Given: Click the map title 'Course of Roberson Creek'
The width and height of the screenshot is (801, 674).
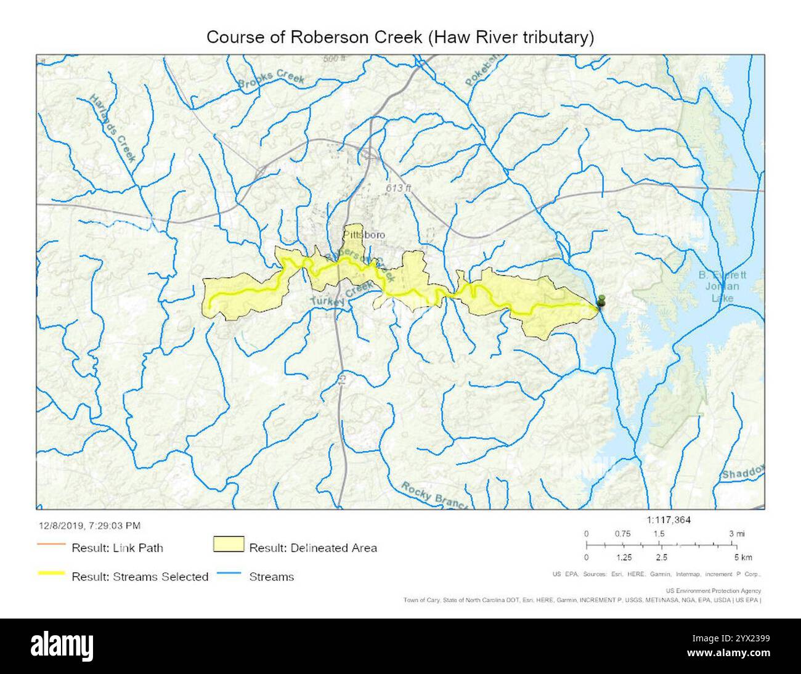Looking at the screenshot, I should (400, 37).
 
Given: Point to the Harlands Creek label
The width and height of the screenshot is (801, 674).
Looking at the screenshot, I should (113, 128).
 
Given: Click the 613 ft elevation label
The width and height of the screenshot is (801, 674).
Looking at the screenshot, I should (398, 188).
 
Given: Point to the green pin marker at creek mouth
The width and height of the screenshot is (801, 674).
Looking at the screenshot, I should (601, 302).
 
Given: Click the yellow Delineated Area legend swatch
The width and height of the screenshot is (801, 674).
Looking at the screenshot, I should (228, 545).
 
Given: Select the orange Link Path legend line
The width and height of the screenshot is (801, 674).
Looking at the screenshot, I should (51, 545).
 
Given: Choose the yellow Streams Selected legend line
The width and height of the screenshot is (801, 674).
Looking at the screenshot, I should (51, 574).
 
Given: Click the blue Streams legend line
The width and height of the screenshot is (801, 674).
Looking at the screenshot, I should (228, 574).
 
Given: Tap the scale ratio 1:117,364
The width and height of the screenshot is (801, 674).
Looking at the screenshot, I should (669, 520).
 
